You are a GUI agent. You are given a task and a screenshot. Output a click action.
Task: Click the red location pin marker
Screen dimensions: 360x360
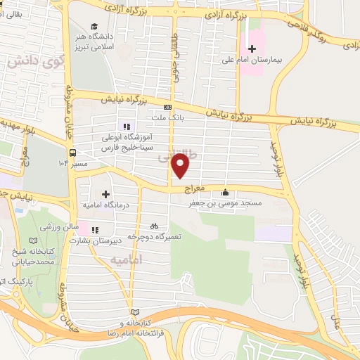181,167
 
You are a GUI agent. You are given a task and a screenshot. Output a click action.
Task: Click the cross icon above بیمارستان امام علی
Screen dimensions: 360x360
252,49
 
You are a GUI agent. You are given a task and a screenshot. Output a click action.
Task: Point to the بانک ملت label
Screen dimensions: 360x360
170,120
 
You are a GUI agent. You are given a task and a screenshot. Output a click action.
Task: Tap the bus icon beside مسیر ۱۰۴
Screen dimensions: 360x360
72,151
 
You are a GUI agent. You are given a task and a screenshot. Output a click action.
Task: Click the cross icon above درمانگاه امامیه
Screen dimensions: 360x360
105,193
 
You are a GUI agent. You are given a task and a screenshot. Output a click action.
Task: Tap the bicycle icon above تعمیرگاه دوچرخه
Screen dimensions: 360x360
154,226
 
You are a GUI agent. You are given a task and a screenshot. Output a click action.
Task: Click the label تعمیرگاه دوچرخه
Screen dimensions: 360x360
158,237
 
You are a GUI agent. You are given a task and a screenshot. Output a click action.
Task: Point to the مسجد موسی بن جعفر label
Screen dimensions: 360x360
224,203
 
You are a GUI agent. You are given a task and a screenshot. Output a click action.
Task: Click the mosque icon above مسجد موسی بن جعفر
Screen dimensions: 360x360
225,192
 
